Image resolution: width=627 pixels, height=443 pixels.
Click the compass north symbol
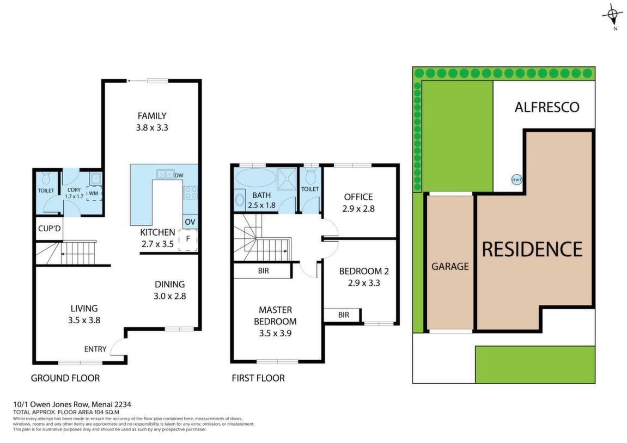point(612,16)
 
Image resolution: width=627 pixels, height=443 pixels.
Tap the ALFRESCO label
point(546,107)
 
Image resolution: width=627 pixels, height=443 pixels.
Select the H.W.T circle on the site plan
point(516,180)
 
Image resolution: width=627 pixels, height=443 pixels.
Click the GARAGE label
point(450,266)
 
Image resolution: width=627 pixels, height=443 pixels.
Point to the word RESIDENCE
point(532,249)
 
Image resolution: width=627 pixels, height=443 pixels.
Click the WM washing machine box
point(94,193)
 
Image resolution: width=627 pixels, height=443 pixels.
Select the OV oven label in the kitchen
point(190,221)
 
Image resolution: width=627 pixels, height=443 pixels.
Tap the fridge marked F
point(188,239)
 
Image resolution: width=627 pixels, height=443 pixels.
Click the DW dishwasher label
point(179,175)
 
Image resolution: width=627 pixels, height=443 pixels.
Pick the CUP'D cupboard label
point(49,229)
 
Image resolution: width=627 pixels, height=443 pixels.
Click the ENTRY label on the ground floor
point(95,349)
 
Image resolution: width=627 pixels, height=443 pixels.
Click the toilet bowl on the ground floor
point(46,178)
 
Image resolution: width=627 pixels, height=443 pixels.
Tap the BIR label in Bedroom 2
point(344,315)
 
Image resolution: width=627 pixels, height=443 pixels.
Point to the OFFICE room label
point(358,197)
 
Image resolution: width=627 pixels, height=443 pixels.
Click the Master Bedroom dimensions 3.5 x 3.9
point(275,333)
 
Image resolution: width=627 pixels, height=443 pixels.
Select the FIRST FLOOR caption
point(258,378)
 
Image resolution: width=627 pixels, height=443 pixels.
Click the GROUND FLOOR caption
point(65,378)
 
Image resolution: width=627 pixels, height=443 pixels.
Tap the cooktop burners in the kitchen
point(190,193)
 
